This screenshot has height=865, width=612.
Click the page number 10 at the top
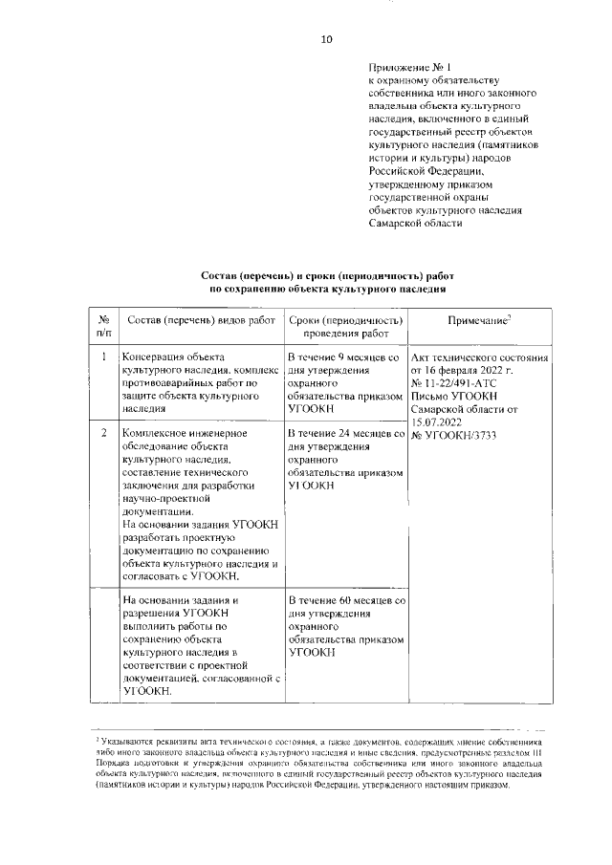pos(325,39)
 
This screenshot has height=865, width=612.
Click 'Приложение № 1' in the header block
pos(408,67)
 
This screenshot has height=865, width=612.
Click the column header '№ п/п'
pos(103,327)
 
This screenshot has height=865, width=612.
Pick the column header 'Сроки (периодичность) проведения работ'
pos(345,327)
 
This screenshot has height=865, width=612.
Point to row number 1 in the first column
pos(103,356)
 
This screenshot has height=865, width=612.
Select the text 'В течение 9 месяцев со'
pos(345,356)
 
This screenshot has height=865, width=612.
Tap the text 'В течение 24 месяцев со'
pos(346,434)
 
